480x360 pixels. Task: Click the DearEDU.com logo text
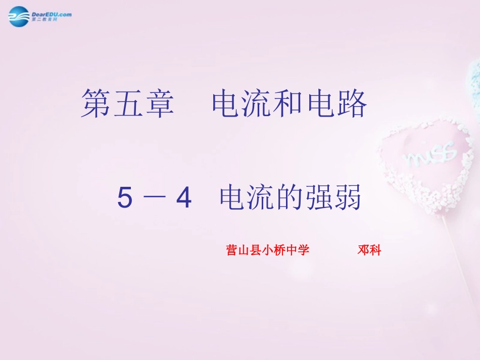pyautogui.click(x=51, y=14)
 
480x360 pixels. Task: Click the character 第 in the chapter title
pyautogui.click(x=97, y=104)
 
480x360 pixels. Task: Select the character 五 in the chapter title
pyautogui.click(x=128, y=104)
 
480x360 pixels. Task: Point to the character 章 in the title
pyautogui.click(x=159, y=104)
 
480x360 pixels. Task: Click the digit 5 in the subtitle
pyautogui.click(x=125, y=198)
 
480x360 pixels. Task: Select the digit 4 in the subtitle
pyautogui.click(x=183, y=198)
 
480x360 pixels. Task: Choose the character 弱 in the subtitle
pyautogui.click(x=347, y=197)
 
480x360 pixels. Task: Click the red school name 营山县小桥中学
pyautogui.click(x=267, y=250)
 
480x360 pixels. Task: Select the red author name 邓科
pyautogui.click(x=369, y=250)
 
